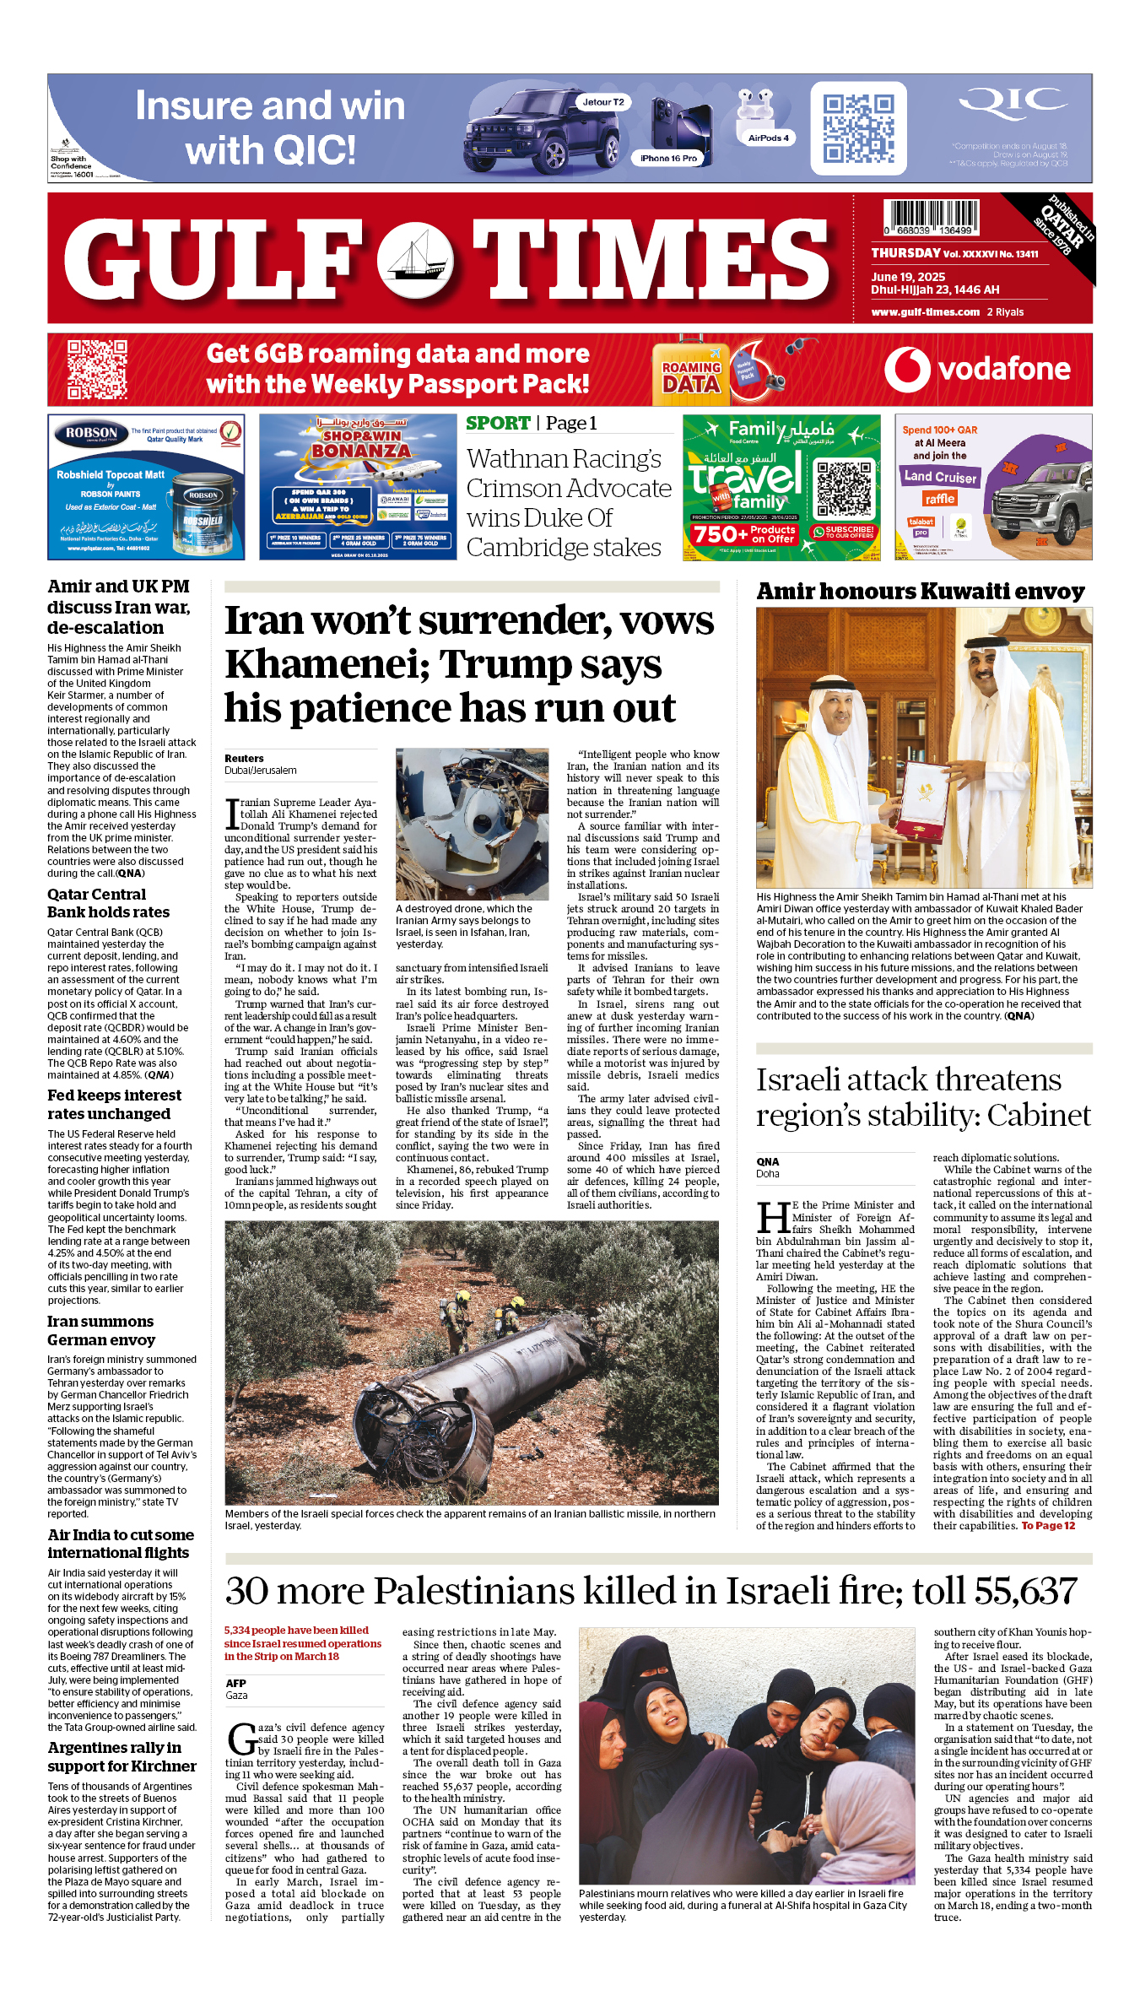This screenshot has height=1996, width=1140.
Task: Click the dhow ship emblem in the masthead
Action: coord(414,262)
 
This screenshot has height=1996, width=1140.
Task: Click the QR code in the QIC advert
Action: coord(858,128)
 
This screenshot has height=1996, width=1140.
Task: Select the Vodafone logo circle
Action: coord(907,370)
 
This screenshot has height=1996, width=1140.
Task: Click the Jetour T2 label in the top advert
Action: coord(603,102)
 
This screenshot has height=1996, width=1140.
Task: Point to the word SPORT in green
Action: coord(498,424)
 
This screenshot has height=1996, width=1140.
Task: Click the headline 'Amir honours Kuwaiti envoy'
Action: coord(921,592)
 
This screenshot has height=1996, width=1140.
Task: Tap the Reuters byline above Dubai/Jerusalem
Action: coord(244,759)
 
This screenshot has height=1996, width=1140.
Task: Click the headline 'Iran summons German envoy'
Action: coord(101,1330)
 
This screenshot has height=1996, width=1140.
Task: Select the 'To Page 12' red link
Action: coord(1048,1525)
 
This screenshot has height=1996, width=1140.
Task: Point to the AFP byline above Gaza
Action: coord(235,1683)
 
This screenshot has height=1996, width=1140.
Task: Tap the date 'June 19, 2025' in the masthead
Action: coord(908,277)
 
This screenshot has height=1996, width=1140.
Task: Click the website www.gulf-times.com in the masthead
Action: coord(925,312)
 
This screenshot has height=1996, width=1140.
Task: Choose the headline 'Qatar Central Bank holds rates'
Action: coord(108,903)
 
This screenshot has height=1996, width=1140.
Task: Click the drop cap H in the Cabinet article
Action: coord(773,1216)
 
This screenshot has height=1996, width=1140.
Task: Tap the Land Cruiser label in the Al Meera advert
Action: coord(939,477)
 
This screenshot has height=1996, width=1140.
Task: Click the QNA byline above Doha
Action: coord(768,1161)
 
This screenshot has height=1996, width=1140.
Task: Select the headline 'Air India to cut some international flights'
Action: coord(120,1544)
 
